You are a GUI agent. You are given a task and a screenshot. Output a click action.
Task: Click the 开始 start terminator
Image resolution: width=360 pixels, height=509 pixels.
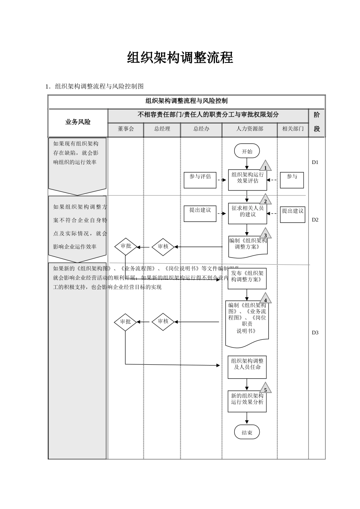click(x=247, y=151)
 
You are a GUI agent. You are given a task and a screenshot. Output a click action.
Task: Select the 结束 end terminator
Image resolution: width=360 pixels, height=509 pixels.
click(x=247, y=432)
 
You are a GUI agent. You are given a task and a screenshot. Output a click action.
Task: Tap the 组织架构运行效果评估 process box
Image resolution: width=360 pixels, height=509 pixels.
click(x=247, y=180)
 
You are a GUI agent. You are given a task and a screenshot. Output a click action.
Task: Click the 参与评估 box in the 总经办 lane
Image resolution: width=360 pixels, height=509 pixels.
click(x=200, y=180)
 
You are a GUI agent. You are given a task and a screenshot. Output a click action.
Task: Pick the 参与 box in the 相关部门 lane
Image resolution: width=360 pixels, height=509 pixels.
click(x=292, y=180)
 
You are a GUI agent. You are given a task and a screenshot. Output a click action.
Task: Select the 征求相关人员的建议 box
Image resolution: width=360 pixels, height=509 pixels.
click(x=247, y=213)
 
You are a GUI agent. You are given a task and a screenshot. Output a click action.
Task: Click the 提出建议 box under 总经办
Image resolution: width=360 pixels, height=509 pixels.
click(x=200, y=214)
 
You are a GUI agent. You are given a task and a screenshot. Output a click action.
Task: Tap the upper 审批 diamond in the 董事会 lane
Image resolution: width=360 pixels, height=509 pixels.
click(x=125, y=247)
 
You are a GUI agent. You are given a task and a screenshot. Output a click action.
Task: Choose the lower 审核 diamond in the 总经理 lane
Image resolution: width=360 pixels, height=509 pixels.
click(x=163, y=322)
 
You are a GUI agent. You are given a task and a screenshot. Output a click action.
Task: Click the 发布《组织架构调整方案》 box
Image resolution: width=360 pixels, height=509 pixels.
click(x=247, y=278)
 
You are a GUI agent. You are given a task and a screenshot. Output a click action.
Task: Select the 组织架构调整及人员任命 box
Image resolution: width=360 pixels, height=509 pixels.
click(x=247, y=367)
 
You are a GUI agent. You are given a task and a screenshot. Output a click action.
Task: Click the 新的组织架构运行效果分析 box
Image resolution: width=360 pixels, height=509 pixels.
click(x=247, y=401)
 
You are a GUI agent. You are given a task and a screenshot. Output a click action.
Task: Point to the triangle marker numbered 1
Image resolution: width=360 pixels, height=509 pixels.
click(x=265, y=167)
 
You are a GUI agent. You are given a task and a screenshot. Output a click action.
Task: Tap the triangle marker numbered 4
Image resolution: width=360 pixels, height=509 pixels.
click(x=265, y=299)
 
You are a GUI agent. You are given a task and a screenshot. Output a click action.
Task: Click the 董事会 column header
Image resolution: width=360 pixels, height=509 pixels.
click(x=126, y=129)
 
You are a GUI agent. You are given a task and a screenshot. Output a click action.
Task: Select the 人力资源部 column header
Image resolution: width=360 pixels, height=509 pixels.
click(x=249, y=129)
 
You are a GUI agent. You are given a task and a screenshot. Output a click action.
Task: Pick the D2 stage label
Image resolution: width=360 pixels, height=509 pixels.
click(x=315, y=220)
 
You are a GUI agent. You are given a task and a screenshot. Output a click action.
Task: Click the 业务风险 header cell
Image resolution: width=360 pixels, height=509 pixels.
click(x=78, y=122)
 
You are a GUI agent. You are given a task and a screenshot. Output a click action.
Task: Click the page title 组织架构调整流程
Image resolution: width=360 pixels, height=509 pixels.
click(x=180, y=58)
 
